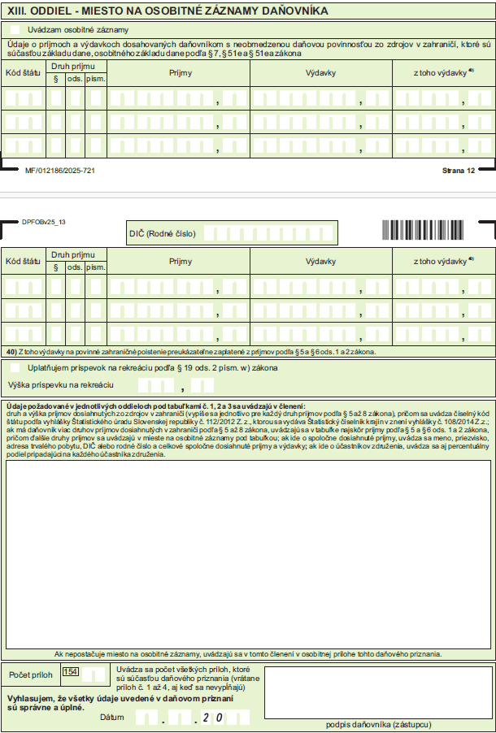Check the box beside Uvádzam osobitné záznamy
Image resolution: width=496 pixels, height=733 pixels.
[x=15, y=29]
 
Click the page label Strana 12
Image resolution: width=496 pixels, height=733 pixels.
[x=458, y=171]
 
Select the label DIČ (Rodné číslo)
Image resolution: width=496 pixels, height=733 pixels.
[x=163, y=233]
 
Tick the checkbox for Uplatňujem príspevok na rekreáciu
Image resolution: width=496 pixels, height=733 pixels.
[x=15, y=367]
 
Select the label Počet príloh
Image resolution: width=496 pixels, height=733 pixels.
[x=30, y=674]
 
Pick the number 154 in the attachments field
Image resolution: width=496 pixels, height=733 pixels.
[x=71, y=672]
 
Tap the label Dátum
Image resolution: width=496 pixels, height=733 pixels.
[x=112, y=718]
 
